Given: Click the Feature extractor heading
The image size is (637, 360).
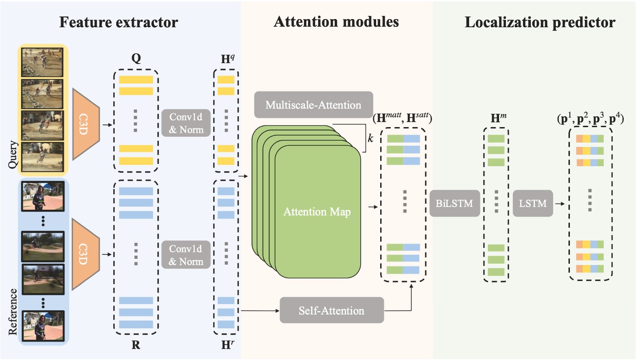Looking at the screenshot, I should pyautogui.click(x=119, y=22).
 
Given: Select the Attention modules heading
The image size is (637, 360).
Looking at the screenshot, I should pyautogui.click(x=336, y=22).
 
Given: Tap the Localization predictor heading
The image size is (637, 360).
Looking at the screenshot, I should pyautogui.click(x=540, y=22).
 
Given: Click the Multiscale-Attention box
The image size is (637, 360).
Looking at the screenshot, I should pyautogui.click(x=314, y=105).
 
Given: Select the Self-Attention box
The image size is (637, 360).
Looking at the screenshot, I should pyautogui.click(x=332, y=311).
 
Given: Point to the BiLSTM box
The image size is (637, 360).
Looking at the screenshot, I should pyautogui.click(x=454, y=203).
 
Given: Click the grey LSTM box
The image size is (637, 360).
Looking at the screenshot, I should pyautogui.click(x=533, y=203).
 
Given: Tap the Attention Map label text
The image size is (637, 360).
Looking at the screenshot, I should pyautogui.click(x=317, y=212).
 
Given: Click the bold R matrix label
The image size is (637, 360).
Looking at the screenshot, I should pyautogui.click(x=136, y=345).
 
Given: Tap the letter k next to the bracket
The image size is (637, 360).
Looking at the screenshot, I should pyautogui.click(x=370, y=138).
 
